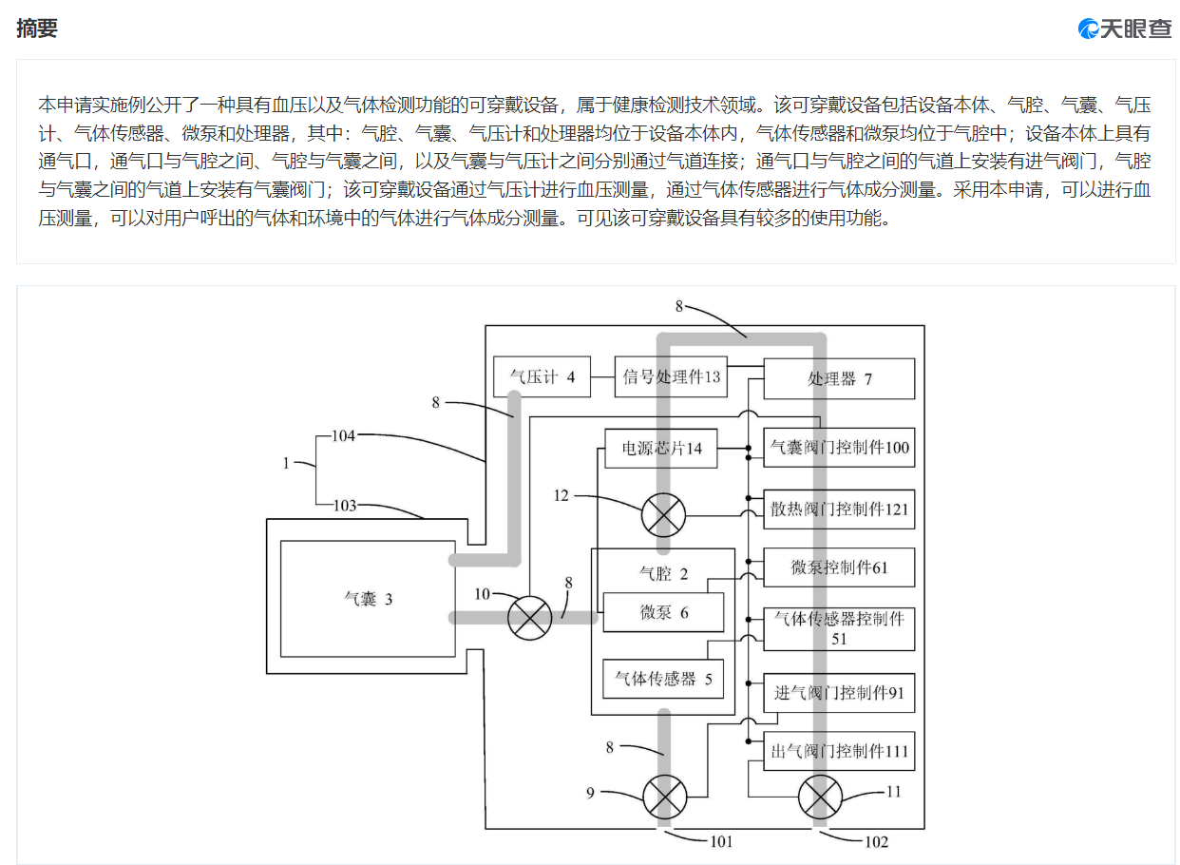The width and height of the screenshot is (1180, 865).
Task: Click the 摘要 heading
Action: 37,28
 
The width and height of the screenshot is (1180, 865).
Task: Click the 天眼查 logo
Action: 1125,29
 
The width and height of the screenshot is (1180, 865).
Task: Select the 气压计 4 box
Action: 542,376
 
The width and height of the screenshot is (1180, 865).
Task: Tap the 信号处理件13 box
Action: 671,376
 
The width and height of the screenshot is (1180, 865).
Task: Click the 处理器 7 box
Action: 840,379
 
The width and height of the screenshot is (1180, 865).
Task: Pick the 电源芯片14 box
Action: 661,449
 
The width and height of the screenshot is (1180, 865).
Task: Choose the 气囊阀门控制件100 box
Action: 840,448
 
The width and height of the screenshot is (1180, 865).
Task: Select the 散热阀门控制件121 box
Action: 840,509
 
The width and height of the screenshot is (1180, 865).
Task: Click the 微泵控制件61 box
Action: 840,567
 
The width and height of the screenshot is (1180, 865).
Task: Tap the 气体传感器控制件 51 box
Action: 840,629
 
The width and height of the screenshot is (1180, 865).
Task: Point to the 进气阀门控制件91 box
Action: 840,693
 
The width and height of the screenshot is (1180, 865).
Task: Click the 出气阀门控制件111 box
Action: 840,751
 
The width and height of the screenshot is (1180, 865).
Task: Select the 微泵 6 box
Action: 664,612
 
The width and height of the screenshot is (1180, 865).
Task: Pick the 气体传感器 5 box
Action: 663,679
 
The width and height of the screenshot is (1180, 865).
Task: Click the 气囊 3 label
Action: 369,600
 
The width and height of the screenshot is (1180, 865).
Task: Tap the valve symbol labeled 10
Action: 530,618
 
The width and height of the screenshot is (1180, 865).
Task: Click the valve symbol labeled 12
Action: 664,515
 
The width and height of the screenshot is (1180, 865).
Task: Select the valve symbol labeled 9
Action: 665,798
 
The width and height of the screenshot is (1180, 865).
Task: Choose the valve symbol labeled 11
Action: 821,798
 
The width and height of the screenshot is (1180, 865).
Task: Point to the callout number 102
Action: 877,842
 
